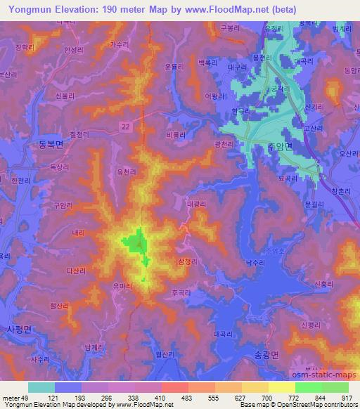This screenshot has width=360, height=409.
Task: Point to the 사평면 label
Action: [18, 328]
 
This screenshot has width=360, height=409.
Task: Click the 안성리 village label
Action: [73, 51]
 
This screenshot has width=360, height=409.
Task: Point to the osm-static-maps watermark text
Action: [323, 374]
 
